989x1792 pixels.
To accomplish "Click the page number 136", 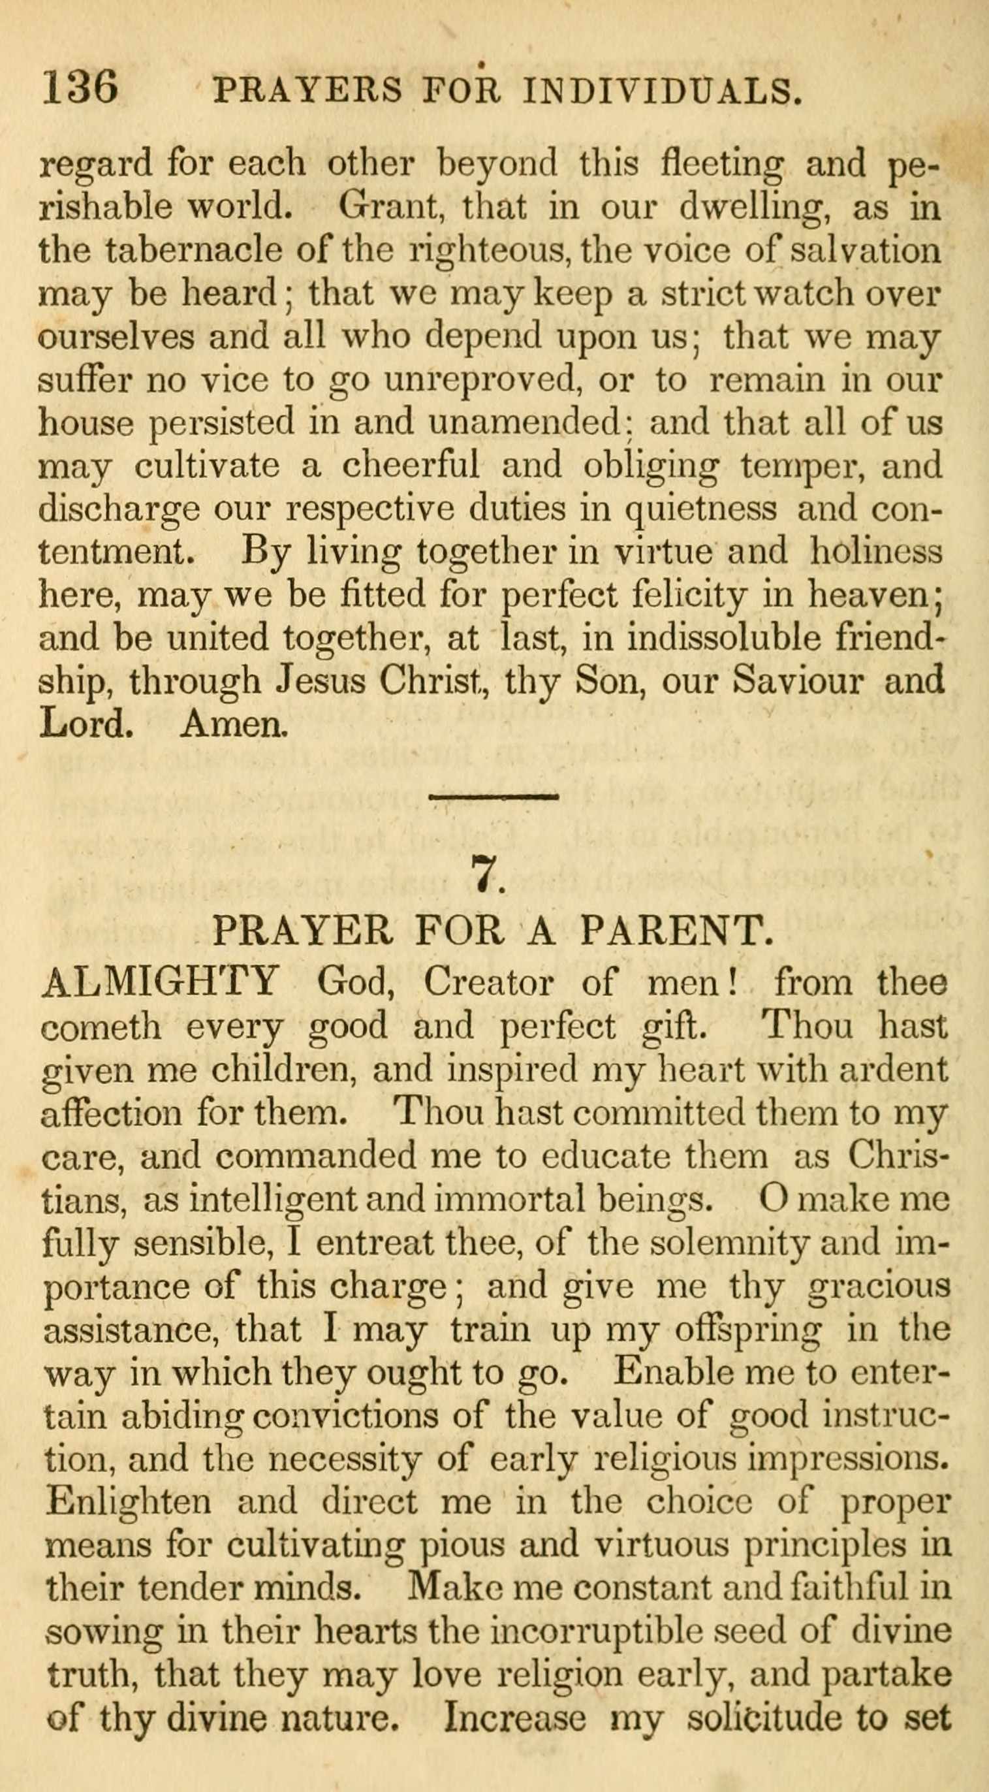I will pos(80,88).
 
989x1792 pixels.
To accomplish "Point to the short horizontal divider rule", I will pos(494,797).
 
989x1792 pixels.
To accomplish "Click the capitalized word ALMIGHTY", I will pos(161,982).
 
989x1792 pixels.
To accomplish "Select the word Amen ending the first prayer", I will pos(233,725).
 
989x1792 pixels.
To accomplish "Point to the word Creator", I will pos(489,982).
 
